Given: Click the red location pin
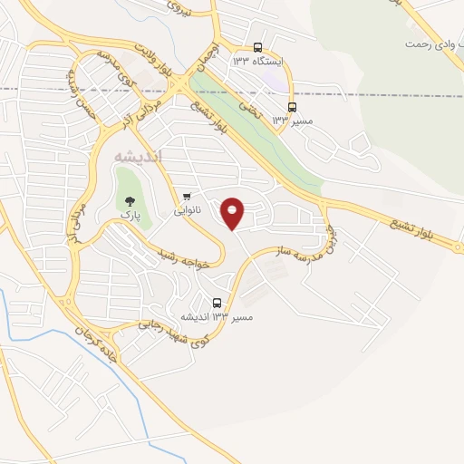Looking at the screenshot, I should coord(234,213).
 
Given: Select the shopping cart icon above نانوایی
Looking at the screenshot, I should coord(188,195).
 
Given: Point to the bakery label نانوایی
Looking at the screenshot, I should coord(188,210).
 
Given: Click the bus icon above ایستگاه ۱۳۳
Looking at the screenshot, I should coord(257,47).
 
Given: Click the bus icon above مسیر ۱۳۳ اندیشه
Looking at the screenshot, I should coord(217,303).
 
